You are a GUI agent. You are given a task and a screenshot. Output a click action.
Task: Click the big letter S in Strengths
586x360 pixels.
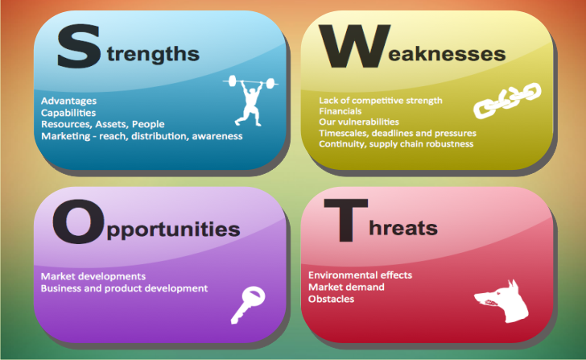[79, 47]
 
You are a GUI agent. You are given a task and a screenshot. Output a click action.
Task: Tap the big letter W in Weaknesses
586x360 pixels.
[355, 47]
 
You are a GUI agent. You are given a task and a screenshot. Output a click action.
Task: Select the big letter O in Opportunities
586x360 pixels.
[78, 221]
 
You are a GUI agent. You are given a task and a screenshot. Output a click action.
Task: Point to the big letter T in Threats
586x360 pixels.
[345, 221]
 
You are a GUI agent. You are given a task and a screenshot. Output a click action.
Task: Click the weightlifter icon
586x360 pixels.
[251, 100]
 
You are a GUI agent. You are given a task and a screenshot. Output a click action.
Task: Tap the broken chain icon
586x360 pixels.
[507, 100]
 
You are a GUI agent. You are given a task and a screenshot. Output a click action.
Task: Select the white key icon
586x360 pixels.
[248, 304]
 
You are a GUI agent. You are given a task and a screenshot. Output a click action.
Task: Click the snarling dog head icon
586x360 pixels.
[502, 301]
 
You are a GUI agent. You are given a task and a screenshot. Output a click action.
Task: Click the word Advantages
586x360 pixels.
[68, 101]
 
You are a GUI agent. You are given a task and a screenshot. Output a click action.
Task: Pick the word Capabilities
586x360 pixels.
[68, 113]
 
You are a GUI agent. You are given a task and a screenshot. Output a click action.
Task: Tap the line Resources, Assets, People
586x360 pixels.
[103, 124]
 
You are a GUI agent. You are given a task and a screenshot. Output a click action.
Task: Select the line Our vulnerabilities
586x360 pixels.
[359, 122]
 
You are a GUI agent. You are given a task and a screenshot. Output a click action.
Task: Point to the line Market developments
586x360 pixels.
[93, 276]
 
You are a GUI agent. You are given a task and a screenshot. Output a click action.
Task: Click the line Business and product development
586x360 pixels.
[124, 288]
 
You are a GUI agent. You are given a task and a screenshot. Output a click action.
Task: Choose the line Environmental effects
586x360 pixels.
[360, 275]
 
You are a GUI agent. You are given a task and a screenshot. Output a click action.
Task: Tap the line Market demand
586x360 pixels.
[346, 287]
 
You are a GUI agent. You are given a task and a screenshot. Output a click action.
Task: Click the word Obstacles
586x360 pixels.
[331, 299]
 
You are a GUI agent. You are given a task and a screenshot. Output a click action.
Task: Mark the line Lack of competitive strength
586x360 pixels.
[381, 100]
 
